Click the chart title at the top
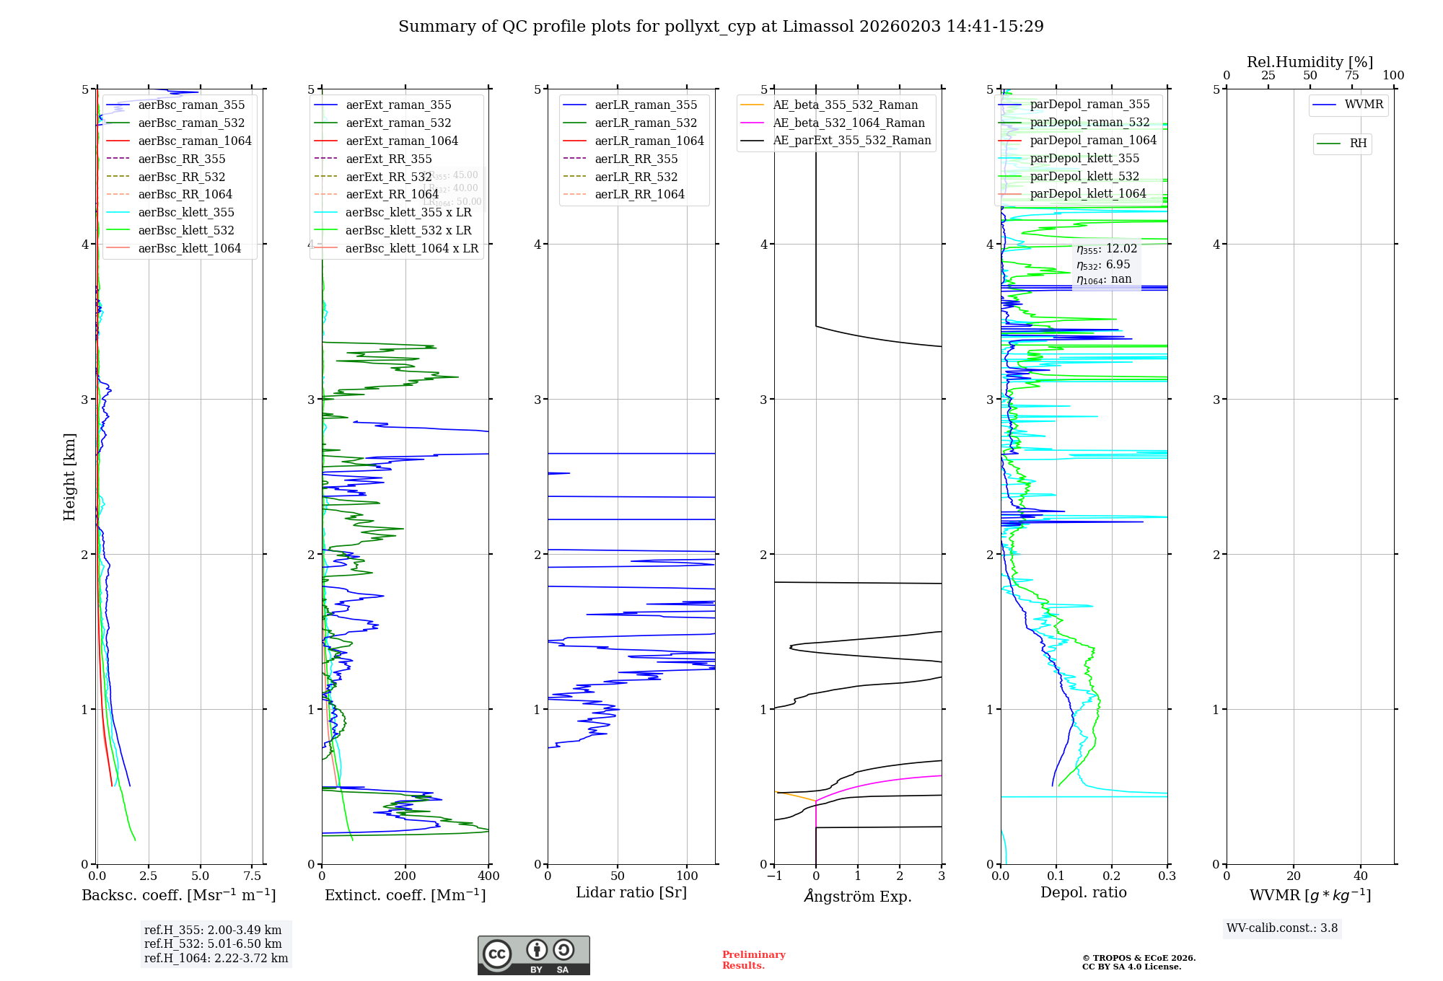(721, 27)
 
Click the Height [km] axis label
(69, 476)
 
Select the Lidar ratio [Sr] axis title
(631, 892)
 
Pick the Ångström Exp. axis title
(858, 896)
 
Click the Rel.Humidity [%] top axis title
(1310, 62)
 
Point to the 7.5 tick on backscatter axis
(252, 876)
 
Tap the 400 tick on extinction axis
(488, 876)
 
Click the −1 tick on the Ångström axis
(773, 876)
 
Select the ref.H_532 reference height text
(213, 943)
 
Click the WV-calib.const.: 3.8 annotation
(1282, 928)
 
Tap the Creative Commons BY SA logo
(533, 955)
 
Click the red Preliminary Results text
(753, 959)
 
